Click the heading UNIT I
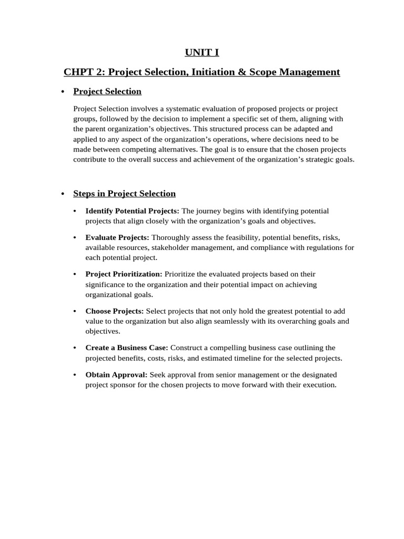pos(201,52)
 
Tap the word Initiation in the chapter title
pos(206,72)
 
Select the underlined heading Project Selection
pos(107,92)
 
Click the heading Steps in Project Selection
pos(124,194)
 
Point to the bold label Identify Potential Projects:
pos(132,211)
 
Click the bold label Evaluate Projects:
pos(117,237)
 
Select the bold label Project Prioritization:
pos(124,274)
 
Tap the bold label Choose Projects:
pos(115,311)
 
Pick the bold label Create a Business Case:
pos(127,348)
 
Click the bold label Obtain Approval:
pos(117,375)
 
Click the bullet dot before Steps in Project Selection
pos(63,194)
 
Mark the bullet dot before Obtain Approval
pos(75,375)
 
